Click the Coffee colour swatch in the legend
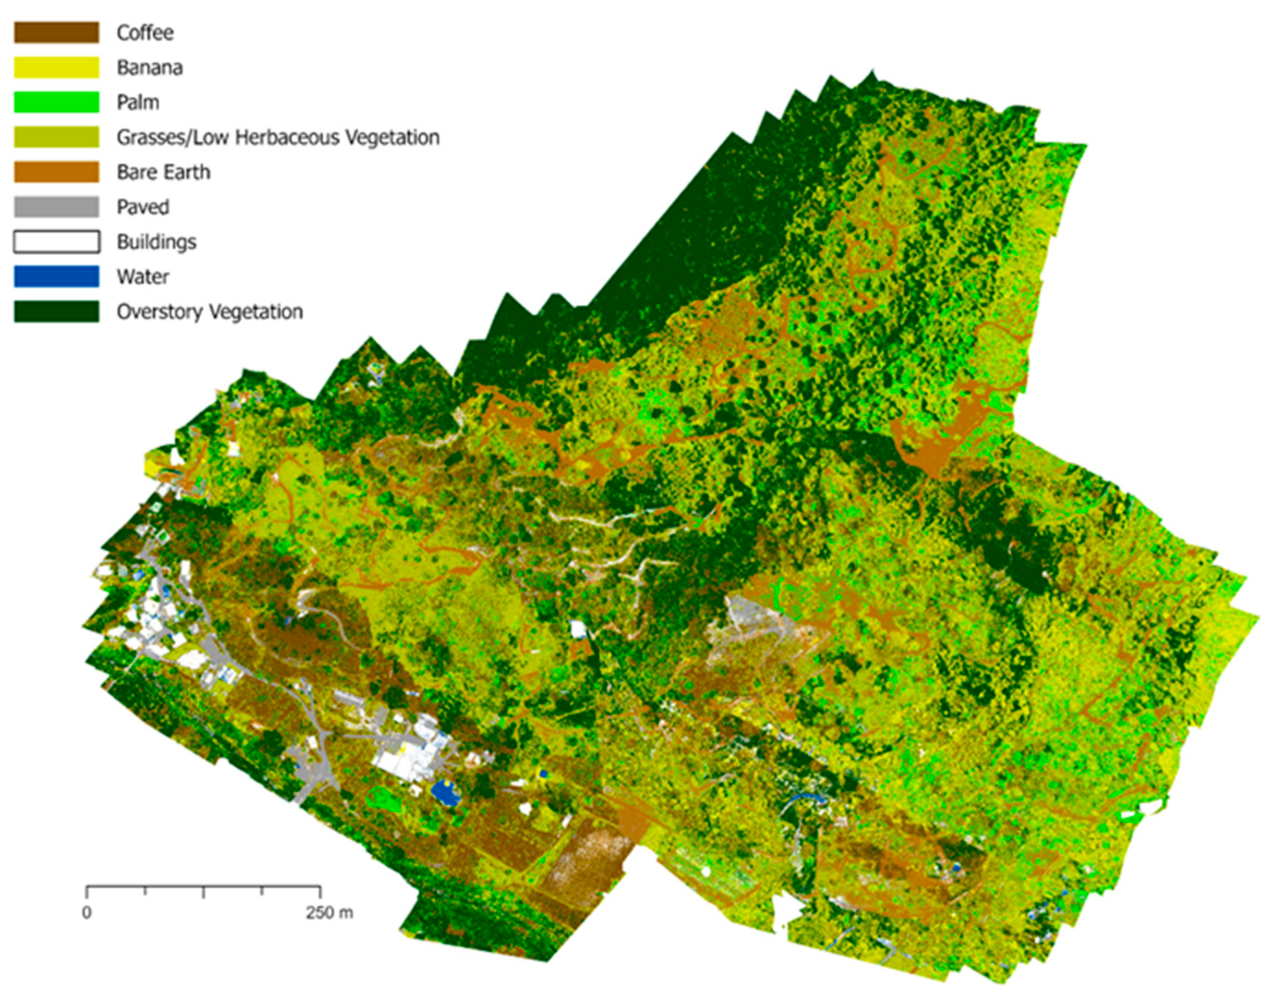pyautogui.click(x=56, y=33)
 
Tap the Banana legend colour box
pyautogui.click(x=56, y=67)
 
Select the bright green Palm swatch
pyautogui.click(x=56, y=102)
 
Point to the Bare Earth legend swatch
pyautogui.click(x=56, y=172)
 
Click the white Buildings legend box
pyautogui.click(x=56, y=241)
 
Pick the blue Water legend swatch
pyautogui.click(x=56, y=277)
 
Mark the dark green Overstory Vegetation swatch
pyautogui.click(x=56, y=311)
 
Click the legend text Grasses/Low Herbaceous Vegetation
pyautogui.click(x=278, y=137)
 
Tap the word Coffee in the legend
pyautogui.click(x=145, y=33)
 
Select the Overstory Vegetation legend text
pyautogui.click(x=210, y=312)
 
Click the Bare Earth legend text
pyautogui.click(x=163, y=173)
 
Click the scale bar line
pyautogui.click(x=203, y=887)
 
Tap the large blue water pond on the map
pyautogui.click(x=444, y=793)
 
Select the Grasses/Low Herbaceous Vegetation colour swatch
pyautogui.click(x=56, y=137)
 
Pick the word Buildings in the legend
pyautogui.click(x=156, y=242)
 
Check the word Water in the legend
pyautogui.click(x=143, y=277)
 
